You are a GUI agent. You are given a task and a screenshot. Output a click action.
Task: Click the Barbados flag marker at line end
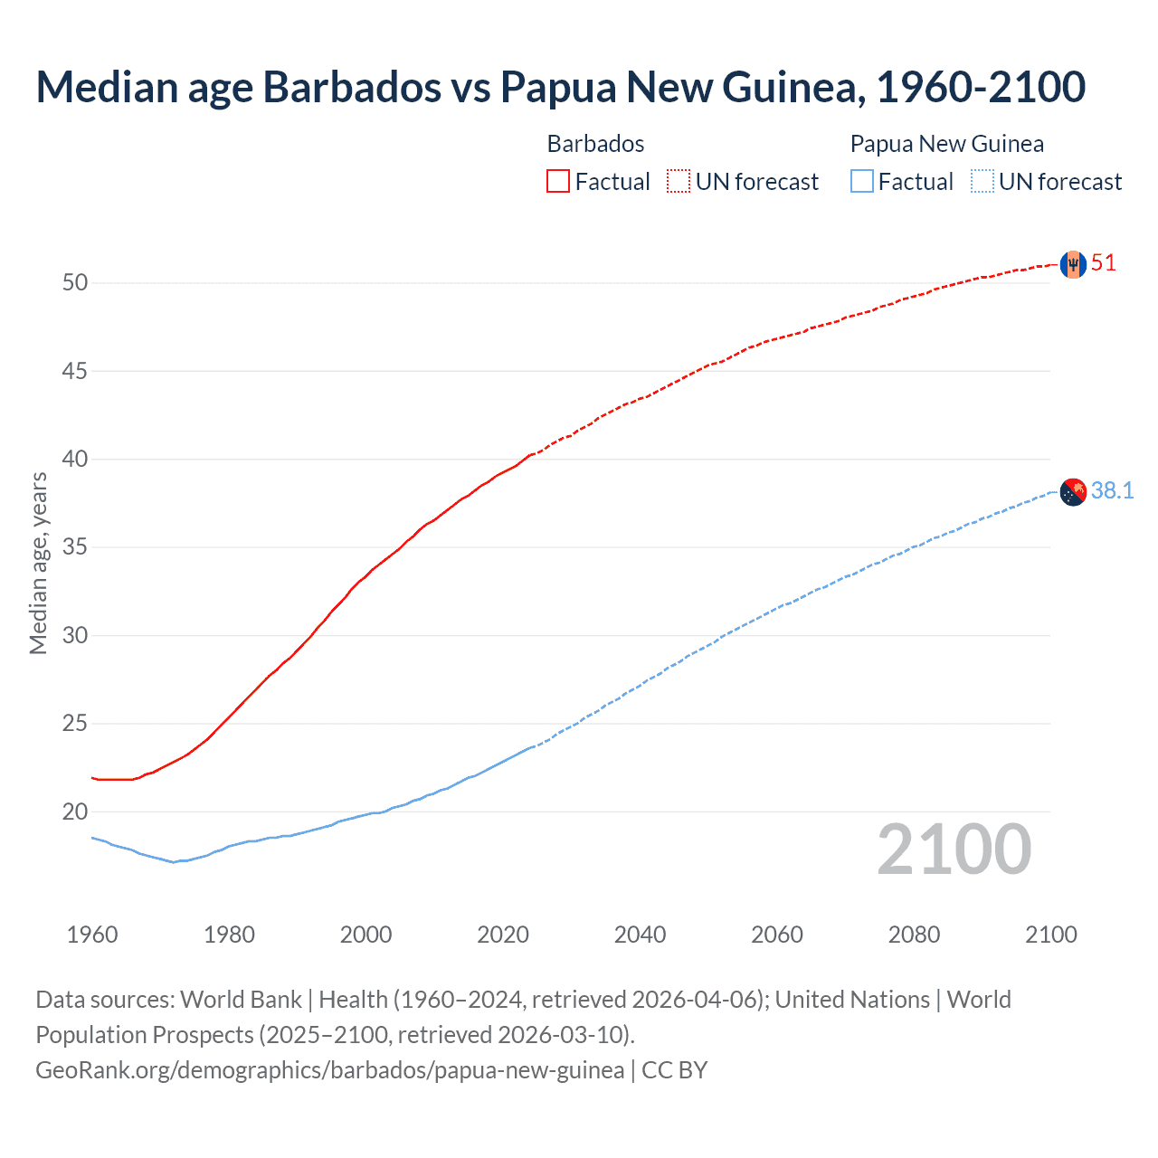tap(1073, 264)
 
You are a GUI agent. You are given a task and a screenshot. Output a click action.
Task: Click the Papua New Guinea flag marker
tap(1073, 491)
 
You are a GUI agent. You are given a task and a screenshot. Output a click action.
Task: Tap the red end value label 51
tap(1104, 263)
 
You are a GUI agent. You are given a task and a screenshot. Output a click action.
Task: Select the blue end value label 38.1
tap(1112, 490)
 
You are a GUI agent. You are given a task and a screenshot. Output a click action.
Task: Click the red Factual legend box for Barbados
tap(558, 181)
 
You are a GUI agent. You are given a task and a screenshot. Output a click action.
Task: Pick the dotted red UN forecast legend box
tap(679, 181)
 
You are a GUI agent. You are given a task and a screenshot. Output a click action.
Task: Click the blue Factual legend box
tap(862, 181)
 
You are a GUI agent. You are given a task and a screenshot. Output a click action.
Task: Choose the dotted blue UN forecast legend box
tap(982, 181)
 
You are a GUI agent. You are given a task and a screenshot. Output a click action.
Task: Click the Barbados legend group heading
tap(595, 144)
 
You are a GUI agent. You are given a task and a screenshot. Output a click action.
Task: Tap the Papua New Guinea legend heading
tap(946, 144)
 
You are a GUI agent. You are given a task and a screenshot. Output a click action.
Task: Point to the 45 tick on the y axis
tap(75, 371)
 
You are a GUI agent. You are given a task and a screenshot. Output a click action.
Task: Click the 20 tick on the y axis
tap(75, 812)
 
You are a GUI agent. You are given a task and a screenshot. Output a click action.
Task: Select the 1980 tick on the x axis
tap(229, 934)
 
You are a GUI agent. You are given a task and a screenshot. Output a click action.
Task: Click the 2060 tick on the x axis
tap(777, 934)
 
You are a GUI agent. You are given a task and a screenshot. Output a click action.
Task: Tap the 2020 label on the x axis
tap(503, 934)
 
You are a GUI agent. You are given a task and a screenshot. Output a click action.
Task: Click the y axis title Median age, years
tap(38, 563)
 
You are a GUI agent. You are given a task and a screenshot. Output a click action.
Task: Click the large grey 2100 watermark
tap(954, 849)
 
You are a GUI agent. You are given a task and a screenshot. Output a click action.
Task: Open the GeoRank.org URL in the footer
tap(329, 1069)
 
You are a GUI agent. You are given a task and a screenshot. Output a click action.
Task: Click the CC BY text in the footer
tap(674, 1069)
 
